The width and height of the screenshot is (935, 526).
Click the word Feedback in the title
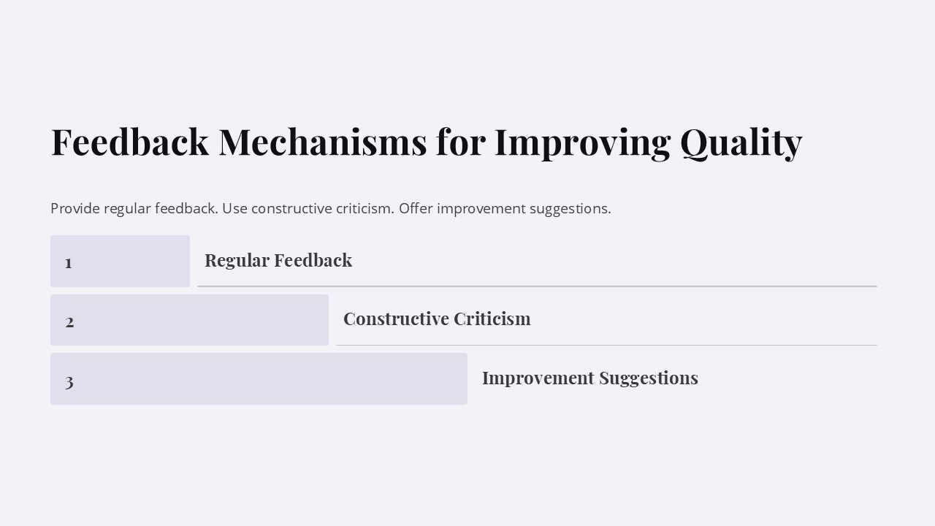[129, 142]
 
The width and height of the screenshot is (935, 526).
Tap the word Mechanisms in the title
[322, 142]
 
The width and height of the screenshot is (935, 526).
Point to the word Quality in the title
[741, 142]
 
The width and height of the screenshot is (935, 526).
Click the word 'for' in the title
[460, 142]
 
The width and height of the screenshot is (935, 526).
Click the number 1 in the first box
[69, 262]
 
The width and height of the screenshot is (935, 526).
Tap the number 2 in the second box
[69, 321]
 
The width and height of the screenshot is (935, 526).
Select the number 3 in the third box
[69, 381]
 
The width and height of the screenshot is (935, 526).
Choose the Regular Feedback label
[278, 260]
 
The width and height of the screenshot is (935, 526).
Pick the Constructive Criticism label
[437, 319]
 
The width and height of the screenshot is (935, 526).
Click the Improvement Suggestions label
[589, 378]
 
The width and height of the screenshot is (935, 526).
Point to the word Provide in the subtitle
[75, 208]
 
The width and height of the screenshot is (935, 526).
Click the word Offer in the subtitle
[416, 208]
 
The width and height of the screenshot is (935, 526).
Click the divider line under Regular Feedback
[537, 286]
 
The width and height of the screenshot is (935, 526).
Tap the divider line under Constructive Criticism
[606, 345]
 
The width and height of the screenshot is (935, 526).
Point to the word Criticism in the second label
[492, 319]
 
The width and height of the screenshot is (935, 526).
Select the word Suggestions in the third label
[649, 378]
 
